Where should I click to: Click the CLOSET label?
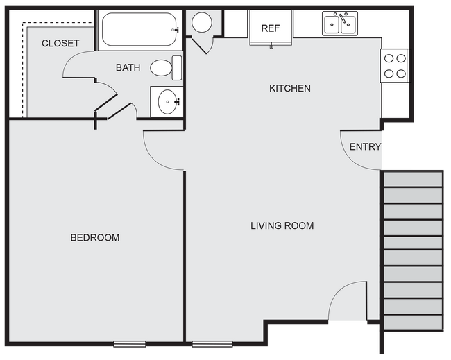pyautogui.click(x=60, y=43)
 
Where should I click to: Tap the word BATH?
pyautogui.click(x=128, y=67)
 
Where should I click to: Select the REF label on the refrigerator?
pyautogui.click(x=270, y=28)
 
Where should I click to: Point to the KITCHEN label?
pyautogui.click(x=289, y=88)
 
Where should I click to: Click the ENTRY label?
pyautogui.click(x=365, y=146)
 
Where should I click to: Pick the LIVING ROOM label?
pyautogui.click(x=282, y=225)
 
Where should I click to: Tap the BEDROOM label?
pyautogui.click(x=95, y=237)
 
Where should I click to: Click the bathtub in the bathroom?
pyautogui.click(x=139, y=30)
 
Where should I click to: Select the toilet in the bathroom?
pyautogui.click(x=164, y=68)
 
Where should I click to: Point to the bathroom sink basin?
pyautogui.click(x=167, y=103)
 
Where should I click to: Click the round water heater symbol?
pyautogui.click(x=202, y=22)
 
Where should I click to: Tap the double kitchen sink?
pyautogui.click(x=340, y=25)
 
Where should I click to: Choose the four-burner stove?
pyautogui.click(x=395, y=66)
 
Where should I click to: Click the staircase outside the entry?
pyautogui.click(x=413, y=250)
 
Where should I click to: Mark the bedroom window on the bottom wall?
pyautogui.click(x=130, y=343)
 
